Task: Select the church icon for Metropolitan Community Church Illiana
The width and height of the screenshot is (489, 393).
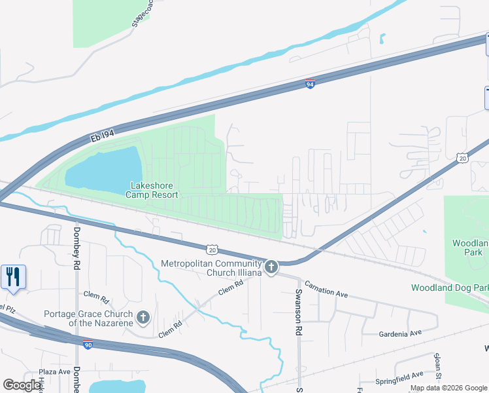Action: click(271, 267)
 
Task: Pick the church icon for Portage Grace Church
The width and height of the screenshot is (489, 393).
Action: click(143, 318)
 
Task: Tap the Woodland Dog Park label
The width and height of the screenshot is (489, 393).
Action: click(450, 288)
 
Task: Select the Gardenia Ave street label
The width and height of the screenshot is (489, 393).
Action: click(400, 333)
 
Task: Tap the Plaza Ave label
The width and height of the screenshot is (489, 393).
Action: click(54, 371)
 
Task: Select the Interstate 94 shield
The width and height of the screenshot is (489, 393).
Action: click(311, 84)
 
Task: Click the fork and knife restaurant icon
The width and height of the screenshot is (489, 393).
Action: click(12, 276)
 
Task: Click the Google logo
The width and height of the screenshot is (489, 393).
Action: click(22, 385)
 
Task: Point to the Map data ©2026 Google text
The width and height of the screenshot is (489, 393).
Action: click(448, 388)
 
